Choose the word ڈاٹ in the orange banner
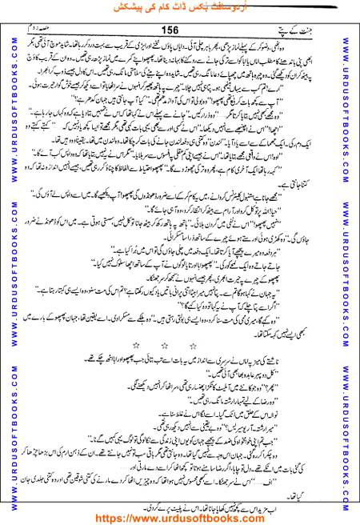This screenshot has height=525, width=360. click(x=178, y=7)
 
